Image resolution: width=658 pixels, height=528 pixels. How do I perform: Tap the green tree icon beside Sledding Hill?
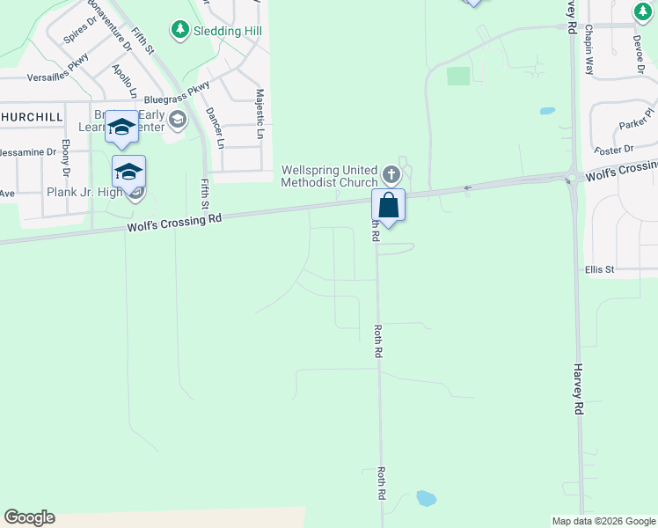(180, 30)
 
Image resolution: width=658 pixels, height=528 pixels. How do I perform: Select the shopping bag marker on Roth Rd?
(388, 206)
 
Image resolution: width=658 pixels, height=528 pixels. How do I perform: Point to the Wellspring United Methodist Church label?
(329, 176)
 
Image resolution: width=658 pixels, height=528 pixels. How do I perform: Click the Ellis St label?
(599, 269)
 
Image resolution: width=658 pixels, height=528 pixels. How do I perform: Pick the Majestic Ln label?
(260, 113)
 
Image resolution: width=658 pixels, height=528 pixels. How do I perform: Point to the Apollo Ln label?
(125, 80)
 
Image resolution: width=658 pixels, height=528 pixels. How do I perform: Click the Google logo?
(29, 517)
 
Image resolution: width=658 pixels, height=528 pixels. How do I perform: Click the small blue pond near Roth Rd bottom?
(426, 498)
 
